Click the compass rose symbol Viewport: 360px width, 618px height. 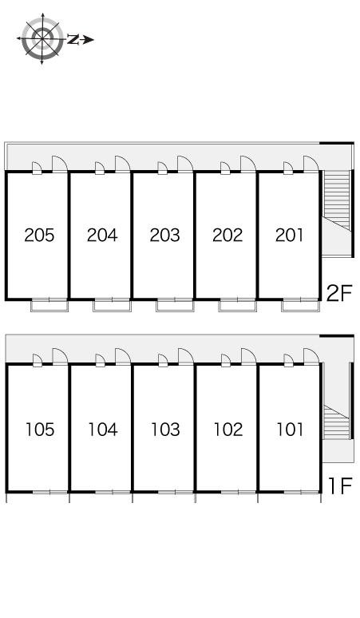click(42, 38)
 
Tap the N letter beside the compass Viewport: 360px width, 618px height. click(73, 39)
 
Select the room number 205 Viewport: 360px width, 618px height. click(39, 236)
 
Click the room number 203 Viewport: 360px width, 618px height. click(164, 236)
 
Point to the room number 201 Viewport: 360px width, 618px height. click(290, 236)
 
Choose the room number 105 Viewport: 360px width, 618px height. click(40, 430)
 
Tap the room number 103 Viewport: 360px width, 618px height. click(165, 430)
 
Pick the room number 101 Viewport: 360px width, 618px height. click(291, 430)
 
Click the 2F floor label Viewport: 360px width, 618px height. click(338, 293)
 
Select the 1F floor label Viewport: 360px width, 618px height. click(340, 485)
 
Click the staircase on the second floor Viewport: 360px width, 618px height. click(336, 200)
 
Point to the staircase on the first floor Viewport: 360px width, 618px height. click(336, 422)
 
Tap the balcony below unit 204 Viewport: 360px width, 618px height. click(112, 305)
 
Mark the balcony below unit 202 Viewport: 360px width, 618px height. click(238, 305)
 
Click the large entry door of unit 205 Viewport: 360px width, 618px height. click(60, 164)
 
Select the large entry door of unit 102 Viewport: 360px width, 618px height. click(248, 357)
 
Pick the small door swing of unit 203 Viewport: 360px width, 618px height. click(162, 168)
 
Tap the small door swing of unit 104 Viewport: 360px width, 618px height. click(100, 360)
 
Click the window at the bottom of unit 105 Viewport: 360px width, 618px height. click(50, 492)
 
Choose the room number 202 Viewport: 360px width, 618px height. click(227, 236)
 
